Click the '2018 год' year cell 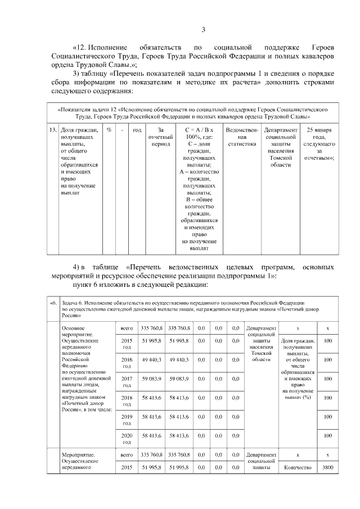tap(127, 400)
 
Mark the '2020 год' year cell tap(127, 439)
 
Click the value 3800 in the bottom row tap(327, 467)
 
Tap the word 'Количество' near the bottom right tap(298, 467)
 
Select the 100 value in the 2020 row tap(327, 436)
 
